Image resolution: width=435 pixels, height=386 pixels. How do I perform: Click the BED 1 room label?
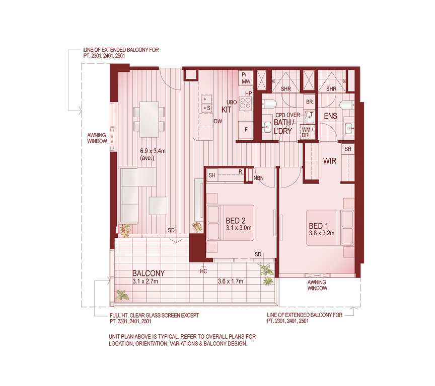(x=318, y=226)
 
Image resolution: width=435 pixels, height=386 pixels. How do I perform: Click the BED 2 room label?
(x=235, y=221)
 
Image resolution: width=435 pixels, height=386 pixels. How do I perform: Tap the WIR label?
(x=329, y=162)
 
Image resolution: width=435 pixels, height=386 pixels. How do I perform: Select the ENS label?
(x=330, y=116)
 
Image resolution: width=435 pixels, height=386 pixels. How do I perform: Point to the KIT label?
(x=227, y=109)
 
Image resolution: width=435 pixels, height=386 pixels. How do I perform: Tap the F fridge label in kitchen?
(x=246, y=129)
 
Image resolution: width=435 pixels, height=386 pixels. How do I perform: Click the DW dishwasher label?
(x=218, y=121)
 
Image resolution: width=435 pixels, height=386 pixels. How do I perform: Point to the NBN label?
(x=258, y=177)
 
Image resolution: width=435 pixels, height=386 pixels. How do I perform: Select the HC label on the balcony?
(x=203, y=271)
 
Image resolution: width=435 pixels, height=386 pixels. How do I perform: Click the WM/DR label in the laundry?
(x=307, y=132)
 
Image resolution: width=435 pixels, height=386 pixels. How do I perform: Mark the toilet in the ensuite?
(x=346, y=105)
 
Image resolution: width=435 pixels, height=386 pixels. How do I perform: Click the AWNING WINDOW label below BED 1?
(x=317, y=285)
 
